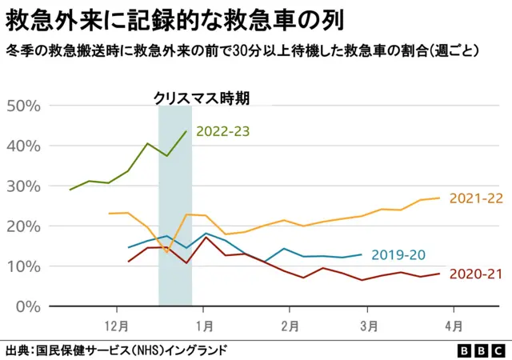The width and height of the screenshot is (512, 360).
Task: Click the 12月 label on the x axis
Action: (x=117, y=326)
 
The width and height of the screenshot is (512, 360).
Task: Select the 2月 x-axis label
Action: (x=290, y=326)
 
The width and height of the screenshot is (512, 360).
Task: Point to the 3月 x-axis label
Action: (x=369, y=326)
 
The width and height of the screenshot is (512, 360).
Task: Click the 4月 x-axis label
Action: (x=454, y=326)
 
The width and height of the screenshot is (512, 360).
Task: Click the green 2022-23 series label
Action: (x=223, y=131)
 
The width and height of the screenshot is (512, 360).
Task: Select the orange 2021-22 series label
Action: (x=477, y=198)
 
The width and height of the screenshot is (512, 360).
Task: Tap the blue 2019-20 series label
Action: (x=398, y=255)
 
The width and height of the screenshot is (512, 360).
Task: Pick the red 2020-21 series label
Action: (x=477, y=274)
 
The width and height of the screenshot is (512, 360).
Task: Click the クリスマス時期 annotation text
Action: (x=202, y=98)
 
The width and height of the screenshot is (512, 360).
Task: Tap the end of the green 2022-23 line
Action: (x=186, y=131)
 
